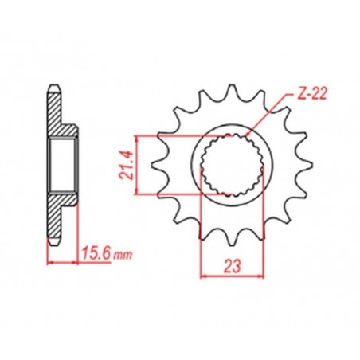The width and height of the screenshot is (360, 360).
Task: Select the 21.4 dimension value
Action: point(127,165)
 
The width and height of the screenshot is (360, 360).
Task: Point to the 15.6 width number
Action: point(95,254)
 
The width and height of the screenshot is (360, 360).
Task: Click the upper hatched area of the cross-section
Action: point(56,115)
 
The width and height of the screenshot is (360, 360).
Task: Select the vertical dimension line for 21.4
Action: point(139,165)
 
